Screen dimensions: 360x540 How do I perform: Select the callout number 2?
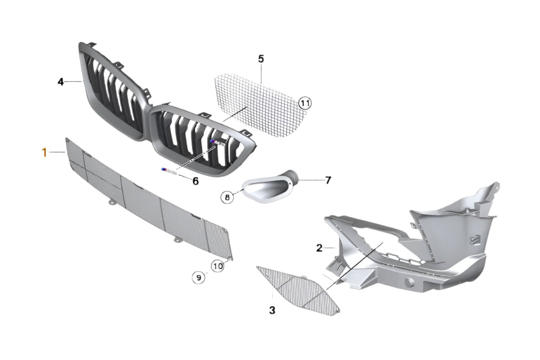(x=319, y=248)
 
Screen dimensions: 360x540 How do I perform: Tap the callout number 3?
(x=272, y=310)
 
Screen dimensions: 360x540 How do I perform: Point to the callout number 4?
(x=61, y=82)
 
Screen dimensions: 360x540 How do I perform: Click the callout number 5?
(x=261, y=59)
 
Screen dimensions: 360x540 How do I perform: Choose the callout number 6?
(x=195, y=181)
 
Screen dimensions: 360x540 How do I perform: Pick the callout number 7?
(x=328, y=180)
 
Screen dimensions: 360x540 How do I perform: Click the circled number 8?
(x=227, y=198)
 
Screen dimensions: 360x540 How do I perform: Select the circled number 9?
(x=198, y=277)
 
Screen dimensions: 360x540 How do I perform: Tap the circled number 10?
(x=218, y=266)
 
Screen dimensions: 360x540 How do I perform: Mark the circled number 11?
(x=305, y=103)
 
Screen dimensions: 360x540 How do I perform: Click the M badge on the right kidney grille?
(x=217, y=144)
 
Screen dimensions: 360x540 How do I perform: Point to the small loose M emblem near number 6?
(x=167, y=169)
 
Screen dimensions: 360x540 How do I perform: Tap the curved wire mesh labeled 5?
(x=258, y=108)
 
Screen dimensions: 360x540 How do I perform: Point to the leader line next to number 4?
(x=73, y=82)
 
